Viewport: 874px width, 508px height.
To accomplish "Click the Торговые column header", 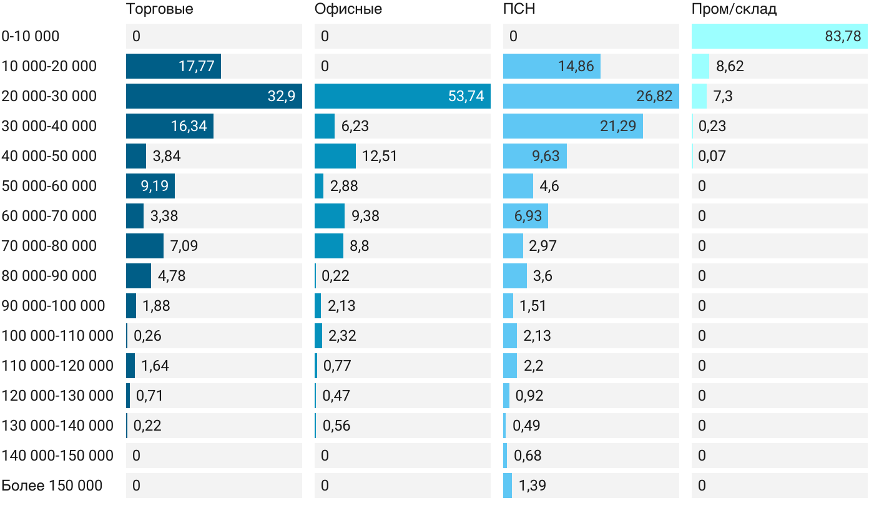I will [159, 9].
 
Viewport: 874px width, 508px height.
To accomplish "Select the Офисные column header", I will [348, 9].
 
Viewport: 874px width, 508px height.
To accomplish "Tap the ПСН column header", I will [519, 9].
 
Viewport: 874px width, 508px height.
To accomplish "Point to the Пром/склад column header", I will [734, 9].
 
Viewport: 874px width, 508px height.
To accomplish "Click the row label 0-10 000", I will [31, 36].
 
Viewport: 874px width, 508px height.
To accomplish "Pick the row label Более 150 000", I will [52, 486].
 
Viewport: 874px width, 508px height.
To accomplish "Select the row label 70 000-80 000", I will [49, 246].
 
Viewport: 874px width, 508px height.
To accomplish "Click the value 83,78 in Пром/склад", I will [843, 36].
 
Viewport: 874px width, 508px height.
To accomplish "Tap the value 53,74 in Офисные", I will [466, 96].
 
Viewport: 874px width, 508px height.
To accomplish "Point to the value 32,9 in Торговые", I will [281, 96].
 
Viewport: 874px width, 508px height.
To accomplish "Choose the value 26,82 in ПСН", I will [654, 96].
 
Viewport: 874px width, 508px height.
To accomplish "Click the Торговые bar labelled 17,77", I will [174, 66].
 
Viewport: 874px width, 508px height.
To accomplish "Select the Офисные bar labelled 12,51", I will [335, 156].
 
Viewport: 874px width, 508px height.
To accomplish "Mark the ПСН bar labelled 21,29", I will [573, 126].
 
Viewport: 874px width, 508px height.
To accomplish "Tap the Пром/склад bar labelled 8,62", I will [700, 66].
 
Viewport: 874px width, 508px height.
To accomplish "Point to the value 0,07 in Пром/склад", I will [712, 156].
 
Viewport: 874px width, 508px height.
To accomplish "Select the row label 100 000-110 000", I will [57, 336].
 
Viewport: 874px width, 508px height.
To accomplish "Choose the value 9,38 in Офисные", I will [365, 216].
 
